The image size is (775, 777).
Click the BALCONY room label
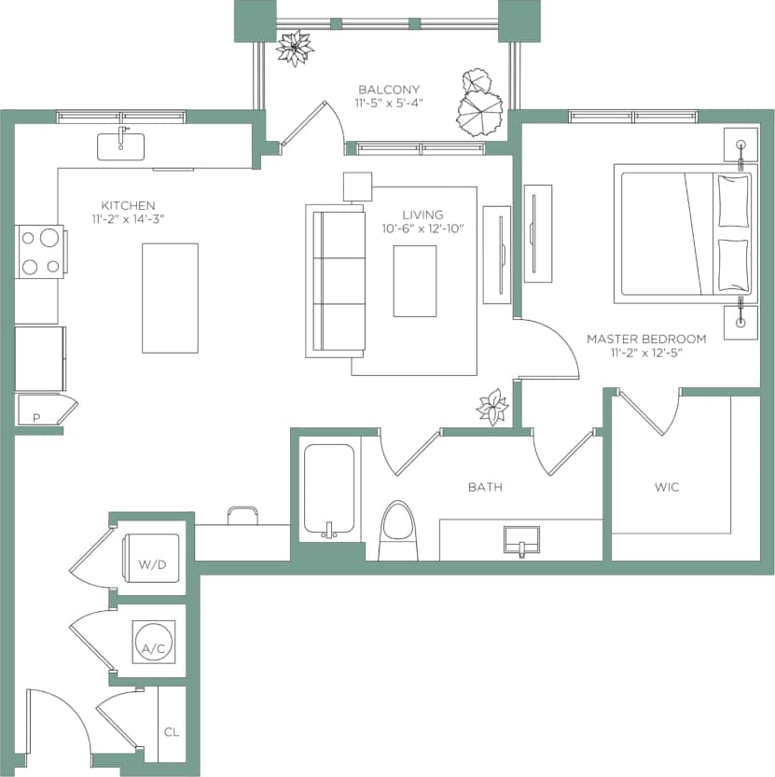pyautogui.click(x=389, y=90)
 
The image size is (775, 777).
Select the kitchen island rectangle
pyautogui.click(x=170, y=298)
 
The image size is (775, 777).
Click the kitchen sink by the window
pyautogui.click(x=121, y=146)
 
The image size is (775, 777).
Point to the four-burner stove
pyautogui.click(x=39, y=252)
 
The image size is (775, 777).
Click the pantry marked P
pyautogui.click(x=37, y=417)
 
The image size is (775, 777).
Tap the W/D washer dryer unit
pyautogui.click(x=151, y=562)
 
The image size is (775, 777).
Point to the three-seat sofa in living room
pyautogui.click(x=336, y=280)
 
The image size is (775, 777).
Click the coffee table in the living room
pyautogui.click(x=415, y=281)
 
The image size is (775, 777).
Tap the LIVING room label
pyautogui.click(x=422, y=215)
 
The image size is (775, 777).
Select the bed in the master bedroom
pyautogui.click(x=684, y=234)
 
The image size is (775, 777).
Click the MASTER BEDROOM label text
pyautogui.click(x=645, y=339)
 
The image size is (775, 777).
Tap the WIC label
pyautogui.click(x=666, y=487)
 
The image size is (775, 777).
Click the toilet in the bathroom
pyautogui.click(x=399, y=533)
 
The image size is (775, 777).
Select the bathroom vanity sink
pyautogui.click(x=521, y=539)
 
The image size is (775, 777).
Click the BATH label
pyautogui.click(x=486, y=487)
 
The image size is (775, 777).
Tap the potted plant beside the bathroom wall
pyautogui.click(x=491, y=407)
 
